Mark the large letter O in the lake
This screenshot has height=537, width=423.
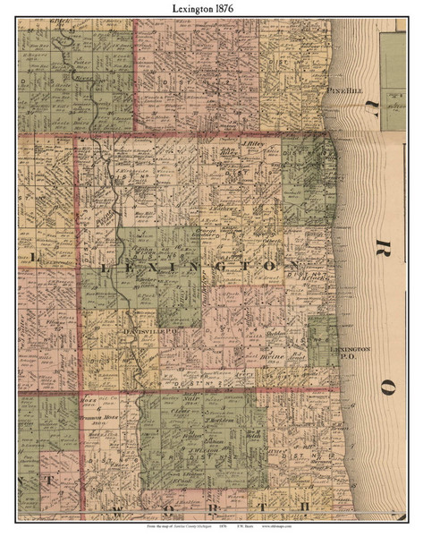[x=387, y=387]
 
